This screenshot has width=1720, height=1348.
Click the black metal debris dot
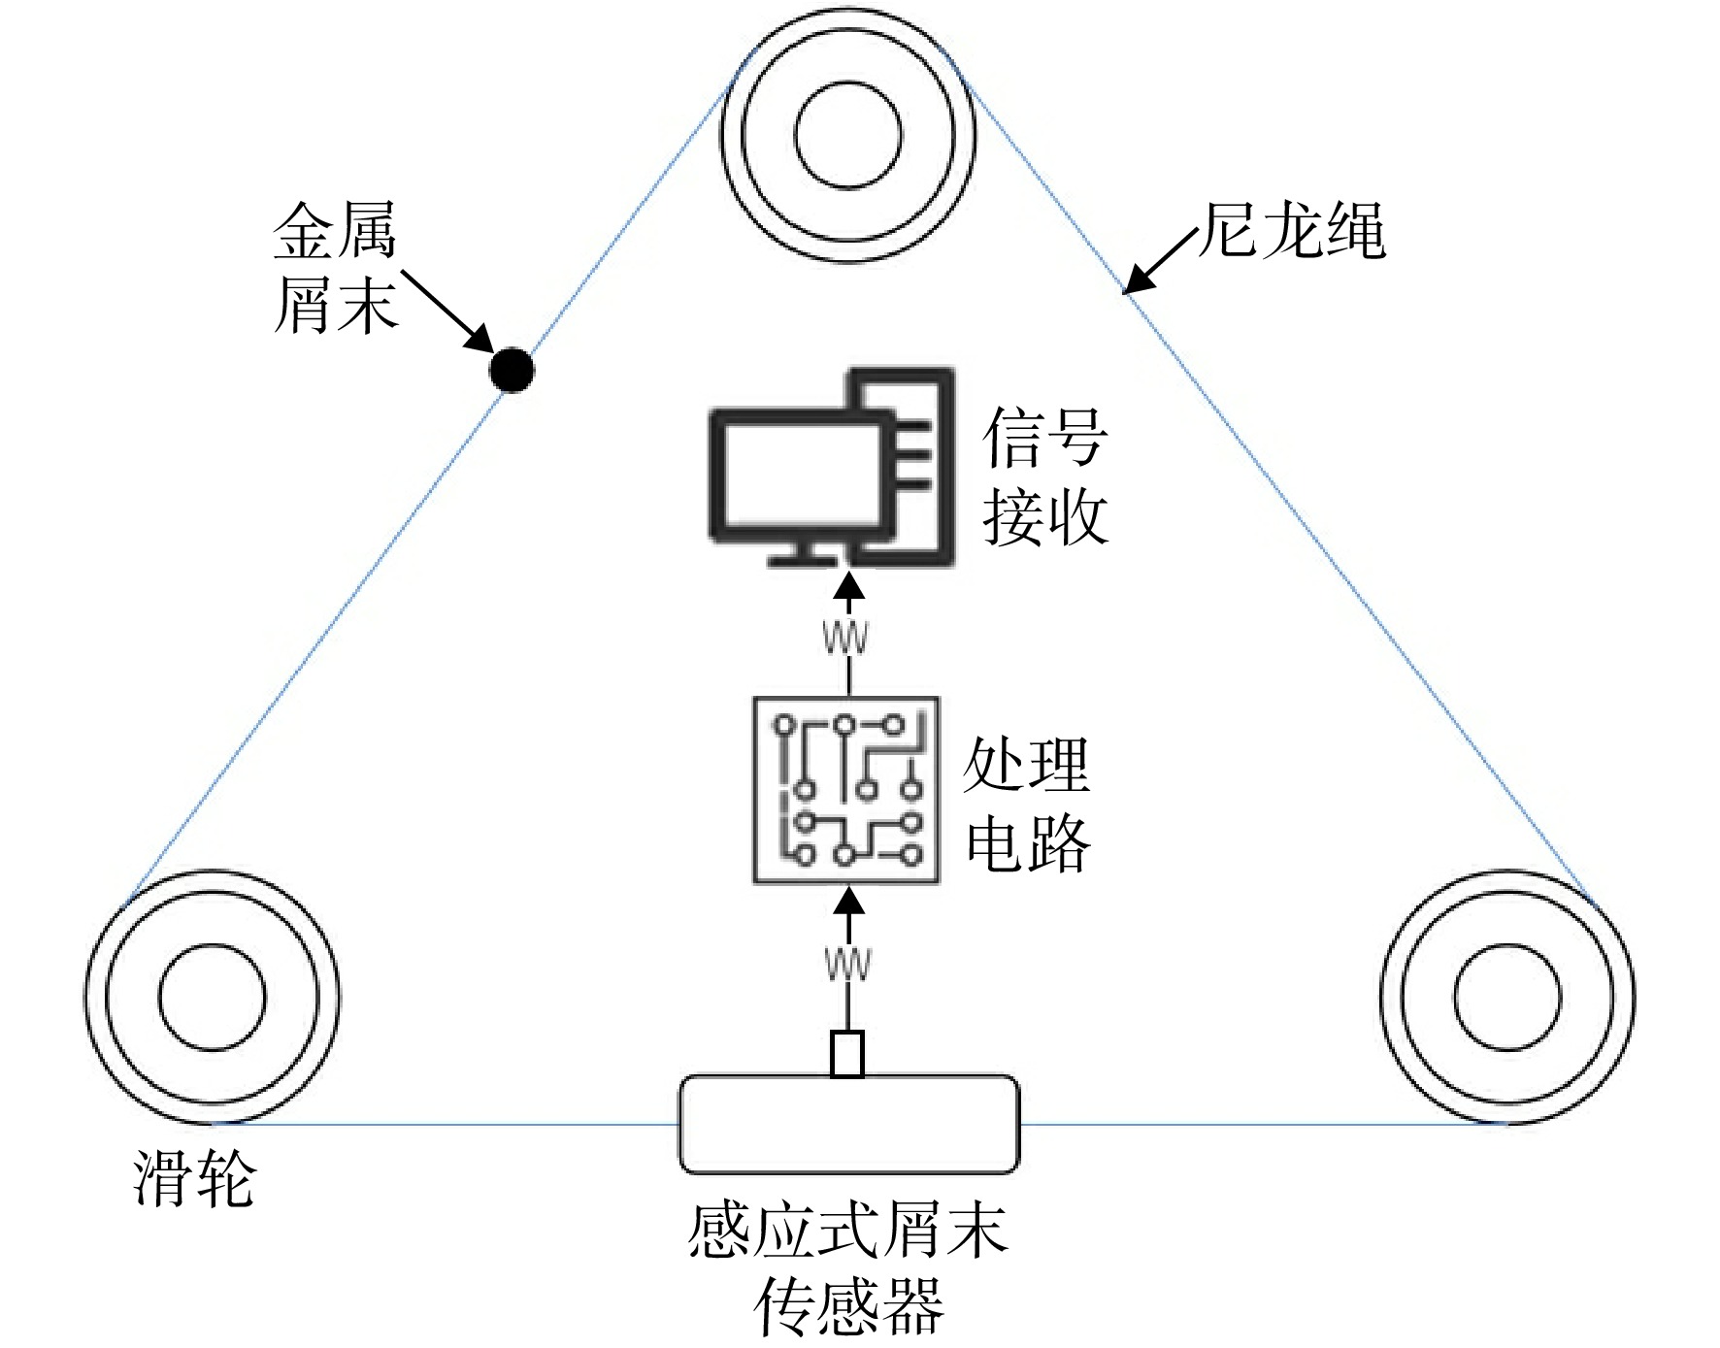[x=512, y=370]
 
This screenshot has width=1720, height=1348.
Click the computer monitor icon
[x=832, y=466]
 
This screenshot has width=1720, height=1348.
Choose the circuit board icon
[x=846, y=790]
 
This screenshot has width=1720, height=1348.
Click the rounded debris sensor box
[x=849, y=1124]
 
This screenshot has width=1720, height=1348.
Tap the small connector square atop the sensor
[x=847, y=1054]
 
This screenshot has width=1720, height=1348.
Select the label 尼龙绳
[x=1293, y=232]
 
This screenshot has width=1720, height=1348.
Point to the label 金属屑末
[x=336, y=268]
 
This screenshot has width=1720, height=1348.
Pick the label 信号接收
[x=1045, y=476]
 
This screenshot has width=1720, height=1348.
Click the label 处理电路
[x=1028, y=804]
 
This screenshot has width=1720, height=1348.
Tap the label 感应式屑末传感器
[x=848, y=1268]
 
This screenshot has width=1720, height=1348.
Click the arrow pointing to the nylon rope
[x=1161, y=260]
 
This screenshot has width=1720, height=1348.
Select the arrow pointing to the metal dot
[x=448, y=312]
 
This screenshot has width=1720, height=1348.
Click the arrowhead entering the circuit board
[x=849, y=901]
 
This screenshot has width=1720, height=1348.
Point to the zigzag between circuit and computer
[x=845, y=638]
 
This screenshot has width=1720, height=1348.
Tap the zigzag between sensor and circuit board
[x=847, y=964]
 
